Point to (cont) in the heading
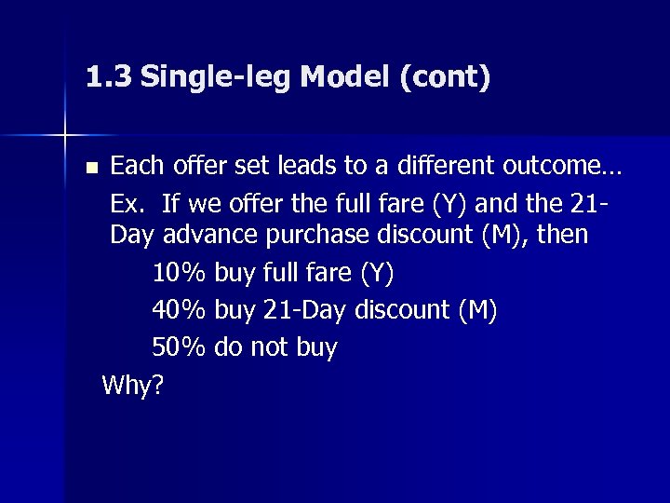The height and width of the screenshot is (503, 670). point(444,76)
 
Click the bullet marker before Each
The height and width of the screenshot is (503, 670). point(89,169)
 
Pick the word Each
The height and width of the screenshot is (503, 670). point(137,167)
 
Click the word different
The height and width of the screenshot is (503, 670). point(434,167)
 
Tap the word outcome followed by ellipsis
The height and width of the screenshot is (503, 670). point(568,167)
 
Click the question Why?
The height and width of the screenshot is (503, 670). point(133,385)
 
